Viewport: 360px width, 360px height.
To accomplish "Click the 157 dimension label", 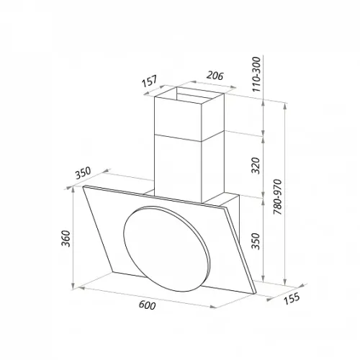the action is tap(149, 81).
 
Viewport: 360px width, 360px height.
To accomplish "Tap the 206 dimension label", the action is tap(215, 76).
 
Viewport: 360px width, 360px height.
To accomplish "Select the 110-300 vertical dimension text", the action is tap(256, 74).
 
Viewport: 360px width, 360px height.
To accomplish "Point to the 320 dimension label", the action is tap(256, 166).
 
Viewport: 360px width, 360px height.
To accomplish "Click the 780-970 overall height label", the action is tap(277, 197).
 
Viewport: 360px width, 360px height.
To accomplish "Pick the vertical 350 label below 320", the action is tap(256, 241).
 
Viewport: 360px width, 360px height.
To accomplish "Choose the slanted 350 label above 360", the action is tap(83, 173).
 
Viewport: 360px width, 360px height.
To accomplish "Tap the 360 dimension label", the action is tap(66, 238).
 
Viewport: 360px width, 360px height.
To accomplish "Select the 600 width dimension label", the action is tap(147, 305).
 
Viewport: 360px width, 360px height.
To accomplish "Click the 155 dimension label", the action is tap(292, 299).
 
